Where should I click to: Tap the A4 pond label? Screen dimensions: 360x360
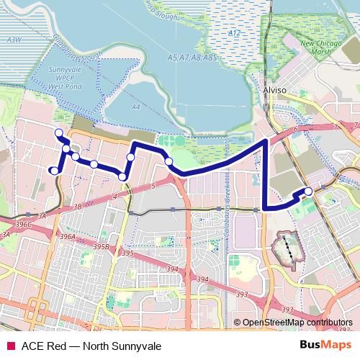pos(135,107)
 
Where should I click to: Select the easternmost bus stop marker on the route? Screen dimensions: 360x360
pos(308,191)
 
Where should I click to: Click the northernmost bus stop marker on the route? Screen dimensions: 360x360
pos(58,132)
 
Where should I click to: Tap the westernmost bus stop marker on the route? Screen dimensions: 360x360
pos(52,170)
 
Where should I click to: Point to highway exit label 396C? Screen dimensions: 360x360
pos(24,225)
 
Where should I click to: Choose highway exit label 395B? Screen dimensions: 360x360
pos(102,246)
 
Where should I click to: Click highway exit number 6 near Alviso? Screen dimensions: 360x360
pos(296,129)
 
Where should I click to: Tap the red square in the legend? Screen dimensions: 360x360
pos(9,345)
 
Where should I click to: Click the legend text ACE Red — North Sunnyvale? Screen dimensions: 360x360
pos(91,345)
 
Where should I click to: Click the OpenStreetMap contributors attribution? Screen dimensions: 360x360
pos(297,323)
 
